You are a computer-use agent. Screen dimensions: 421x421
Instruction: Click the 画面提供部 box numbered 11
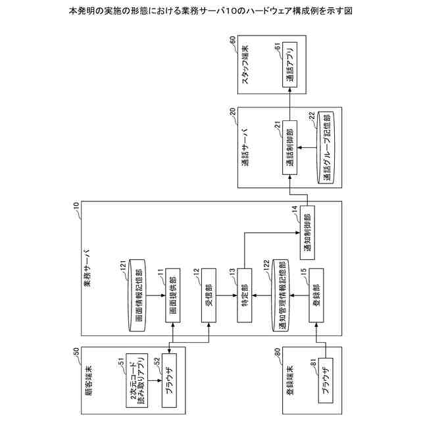(x=172, y=296)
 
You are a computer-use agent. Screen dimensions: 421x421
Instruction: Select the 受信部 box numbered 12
(x=209, y=296)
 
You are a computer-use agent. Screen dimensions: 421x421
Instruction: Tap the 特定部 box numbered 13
(x=245, y=296)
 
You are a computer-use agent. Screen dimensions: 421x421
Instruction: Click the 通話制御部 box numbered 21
(x=290, y=146)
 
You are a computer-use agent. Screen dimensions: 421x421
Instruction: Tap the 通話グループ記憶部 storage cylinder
(x=325, y=146)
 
